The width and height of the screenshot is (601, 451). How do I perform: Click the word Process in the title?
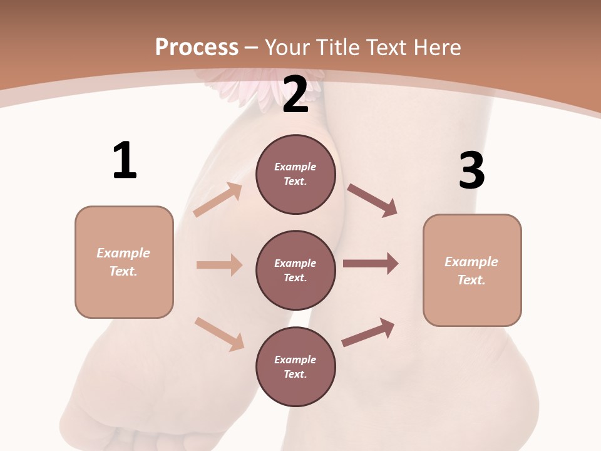click(197, 47)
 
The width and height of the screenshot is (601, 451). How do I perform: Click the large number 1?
click(125, 160)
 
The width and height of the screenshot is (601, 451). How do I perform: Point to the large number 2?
click(295, 95)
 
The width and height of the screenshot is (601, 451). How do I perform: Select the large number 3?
click(471, 170)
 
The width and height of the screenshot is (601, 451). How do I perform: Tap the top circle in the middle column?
click(295, 174)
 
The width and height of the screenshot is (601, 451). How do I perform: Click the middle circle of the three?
click(295, 270)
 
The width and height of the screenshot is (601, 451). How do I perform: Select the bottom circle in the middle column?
click(295, 366)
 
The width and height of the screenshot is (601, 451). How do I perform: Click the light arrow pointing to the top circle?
click(218, 199)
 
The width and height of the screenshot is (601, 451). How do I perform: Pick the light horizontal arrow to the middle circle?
click(219, 265)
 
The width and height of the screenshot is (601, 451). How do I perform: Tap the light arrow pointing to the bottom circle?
click(219, 333)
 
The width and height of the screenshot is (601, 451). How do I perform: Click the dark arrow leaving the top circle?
click(372, 200)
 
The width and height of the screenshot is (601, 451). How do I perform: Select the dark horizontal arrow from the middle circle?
click(371, 264)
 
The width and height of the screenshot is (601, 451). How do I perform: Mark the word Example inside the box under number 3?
click(471, 262)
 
